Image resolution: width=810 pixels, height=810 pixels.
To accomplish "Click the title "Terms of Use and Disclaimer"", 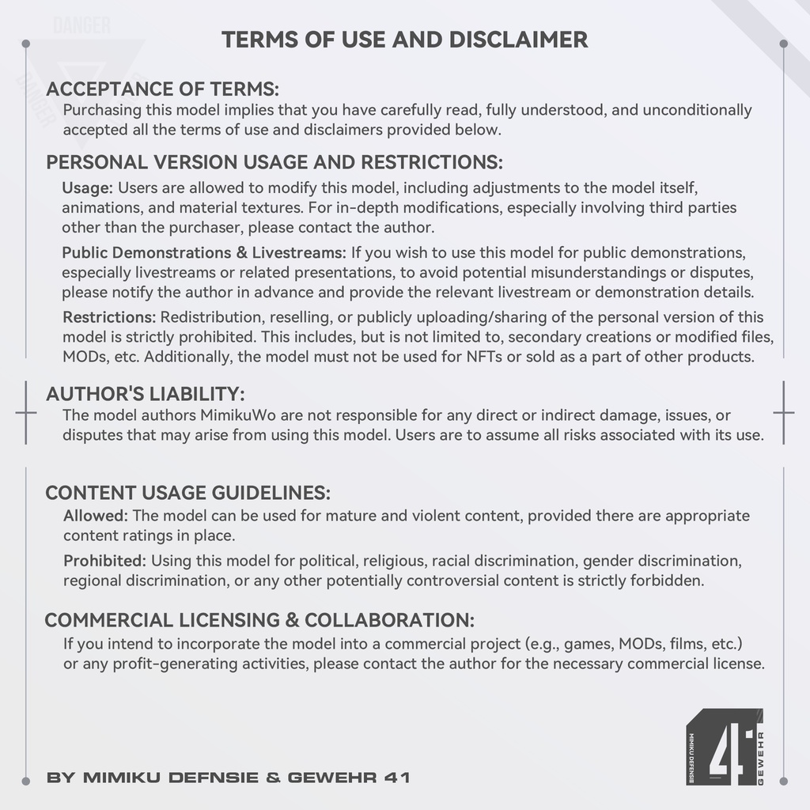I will pyautogui.click(x=404, y=40).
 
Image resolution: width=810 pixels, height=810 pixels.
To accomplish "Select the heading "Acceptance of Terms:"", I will pyautogui.click(x=162, y=89).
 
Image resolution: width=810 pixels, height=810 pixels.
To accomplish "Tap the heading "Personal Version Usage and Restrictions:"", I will pyautogui.click(x=274, y=162).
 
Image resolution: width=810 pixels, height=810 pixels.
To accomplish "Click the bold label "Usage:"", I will pyautogui.click(x=88, y=188).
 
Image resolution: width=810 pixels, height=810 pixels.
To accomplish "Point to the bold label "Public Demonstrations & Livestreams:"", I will pyautogui.click(x=204, y=253).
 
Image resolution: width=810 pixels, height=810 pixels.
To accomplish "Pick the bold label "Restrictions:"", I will pyautogui.click(x=109, y=317).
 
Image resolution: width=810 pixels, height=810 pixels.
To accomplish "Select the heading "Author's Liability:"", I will pyautogui.click(x=145, y=394).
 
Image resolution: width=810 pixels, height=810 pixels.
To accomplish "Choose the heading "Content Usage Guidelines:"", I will pyautogui.click(x=187, y=493).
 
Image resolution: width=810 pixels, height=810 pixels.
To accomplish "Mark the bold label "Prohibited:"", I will pyautogui.click(x=104, y=561).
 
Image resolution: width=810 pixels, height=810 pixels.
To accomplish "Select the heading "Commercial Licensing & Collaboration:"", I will pyautogui.click(x=259, y=619).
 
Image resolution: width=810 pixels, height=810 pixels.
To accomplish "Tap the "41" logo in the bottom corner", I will pyautogui.click(x=723, y=748).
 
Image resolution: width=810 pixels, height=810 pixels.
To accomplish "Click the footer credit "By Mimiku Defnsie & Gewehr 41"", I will pyautogui.click(x=228, y=778).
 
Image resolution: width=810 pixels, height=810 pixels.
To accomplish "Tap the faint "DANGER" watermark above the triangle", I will pyautogui.click(x=81, y=25).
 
